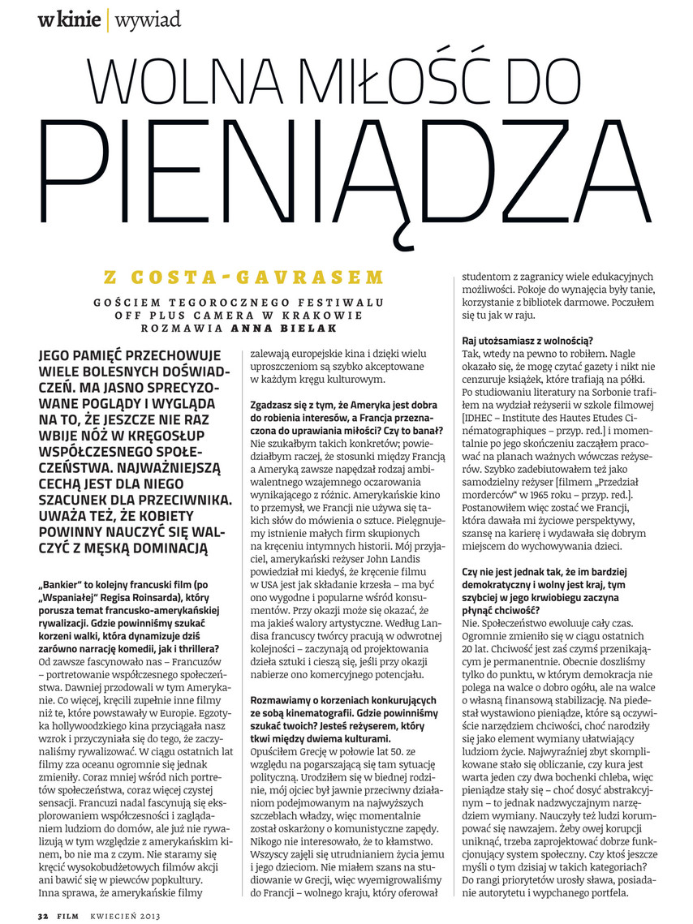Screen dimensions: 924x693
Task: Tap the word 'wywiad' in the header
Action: pyautogui.click(x=147, y=19)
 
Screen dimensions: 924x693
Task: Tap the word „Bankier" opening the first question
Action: pyautogui.click(x=62, y=586)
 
